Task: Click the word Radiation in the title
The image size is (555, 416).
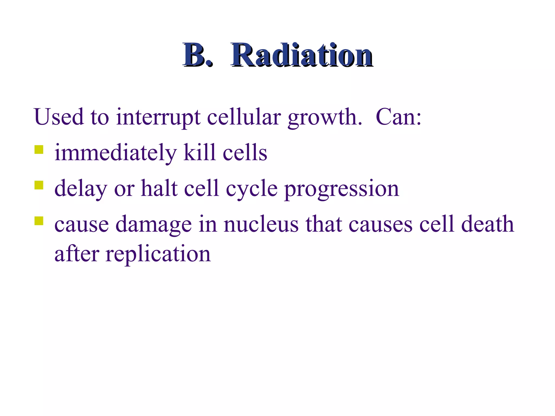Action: click(301, 55)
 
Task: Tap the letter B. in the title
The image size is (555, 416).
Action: click(197, 55)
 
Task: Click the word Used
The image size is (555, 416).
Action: click(59, 117)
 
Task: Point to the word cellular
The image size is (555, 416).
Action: click(244, 117)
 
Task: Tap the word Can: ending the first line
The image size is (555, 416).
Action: click(398, 117)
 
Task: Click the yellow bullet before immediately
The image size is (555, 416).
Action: click(39, 149)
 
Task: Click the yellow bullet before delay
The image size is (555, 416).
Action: click(39, 185)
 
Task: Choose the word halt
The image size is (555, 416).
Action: click(159, 188)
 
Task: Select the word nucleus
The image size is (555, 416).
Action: click(261, 224)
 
